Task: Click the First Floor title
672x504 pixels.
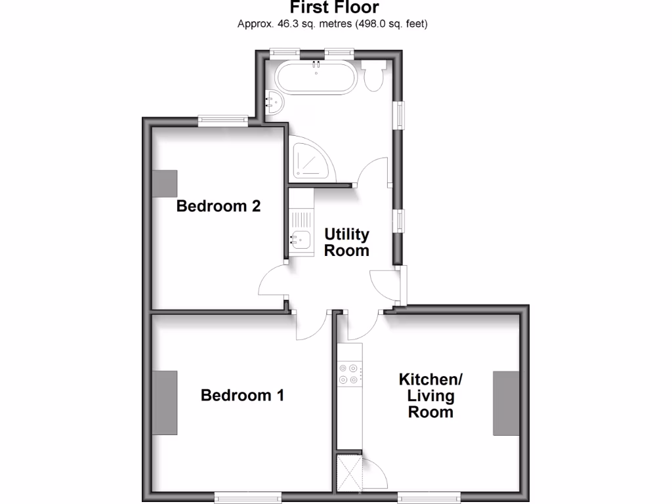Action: pyautogui.click(x=335, y=8)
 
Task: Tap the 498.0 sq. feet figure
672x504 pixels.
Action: pyautogui.click(x=394, y=25)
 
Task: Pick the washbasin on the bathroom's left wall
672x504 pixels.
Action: pyautogui.click(x=274, y=102)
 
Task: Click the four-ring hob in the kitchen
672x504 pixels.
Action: pyautogui.click(x=348, y=373)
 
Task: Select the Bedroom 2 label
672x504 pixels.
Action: pyautogui.click(x=219, y=206)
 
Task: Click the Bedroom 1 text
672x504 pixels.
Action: pyautogui.click(x=242, y=395)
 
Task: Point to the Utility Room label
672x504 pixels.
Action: pyautogui.click(x=347, y=242)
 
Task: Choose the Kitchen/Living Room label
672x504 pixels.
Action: pyautogui.click(x=431, y=395)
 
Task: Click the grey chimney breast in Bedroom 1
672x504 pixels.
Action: pyautogui.click(x=165, y=402)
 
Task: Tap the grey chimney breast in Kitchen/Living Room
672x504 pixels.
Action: pyautogui.click(x=506, y=402)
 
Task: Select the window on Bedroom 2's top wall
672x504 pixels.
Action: pyautogui.click(x=224, y=120)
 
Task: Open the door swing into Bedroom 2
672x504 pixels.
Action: pyautogui.click(x=272, y=282)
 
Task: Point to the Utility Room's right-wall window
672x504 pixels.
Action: pyautogui.click(x=399, y=221)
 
